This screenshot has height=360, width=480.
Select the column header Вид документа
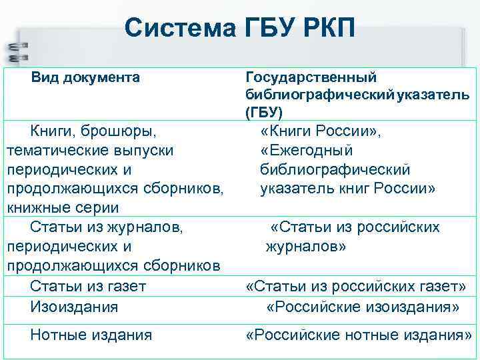click(86, 78)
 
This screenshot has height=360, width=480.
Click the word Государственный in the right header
click(311, 79)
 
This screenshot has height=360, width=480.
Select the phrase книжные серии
click(63, 208)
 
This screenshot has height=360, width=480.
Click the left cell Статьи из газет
click(88, 287)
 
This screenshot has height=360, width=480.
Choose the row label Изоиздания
click(74, 307)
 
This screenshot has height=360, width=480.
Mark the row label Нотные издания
click(91, 335)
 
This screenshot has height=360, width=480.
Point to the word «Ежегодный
click(307, 151)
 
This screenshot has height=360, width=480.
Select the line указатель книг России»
click(347, 189)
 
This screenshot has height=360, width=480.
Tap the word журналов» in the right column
click(306, 247)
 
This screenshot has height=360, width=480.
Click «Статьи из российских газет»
click(356, 287)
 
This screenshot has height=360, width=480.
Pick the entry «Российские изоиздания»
click(363, 307)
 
